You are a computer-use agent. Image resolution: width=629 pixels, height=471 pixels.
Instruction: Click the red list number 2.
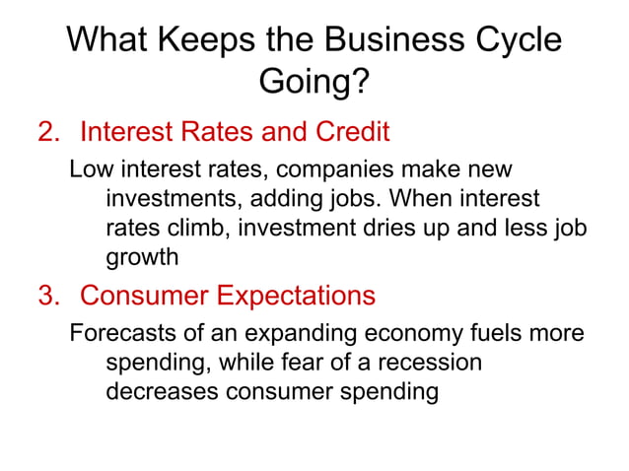point(47,132)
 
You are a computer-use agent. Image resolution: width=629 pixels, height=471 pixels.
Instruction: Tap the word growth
point(142,258)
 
